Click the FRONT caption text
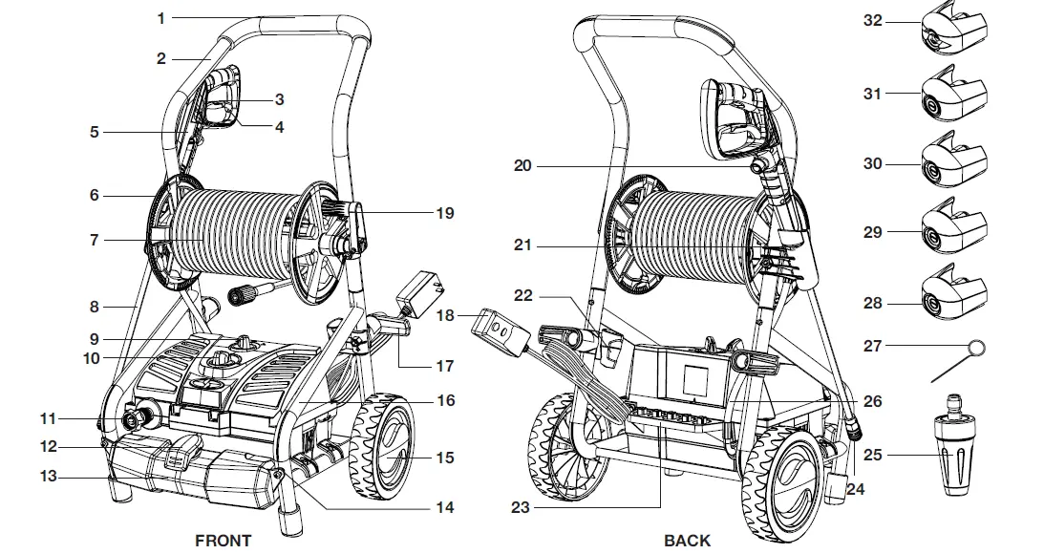tap(223, 541)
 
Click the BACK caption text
tap(687, 541)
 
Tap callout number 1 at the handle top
tap(161, 18)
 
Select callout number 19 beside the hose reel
tap(445, 213)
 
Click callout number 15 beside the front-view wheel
tap(445, 458)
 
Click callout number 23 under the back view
tap(519, 508)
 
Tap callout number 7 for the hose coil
tap(94, 241)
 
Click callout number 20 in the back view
tap(522, 165)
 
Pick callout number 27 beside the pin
tap(873, 347)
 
